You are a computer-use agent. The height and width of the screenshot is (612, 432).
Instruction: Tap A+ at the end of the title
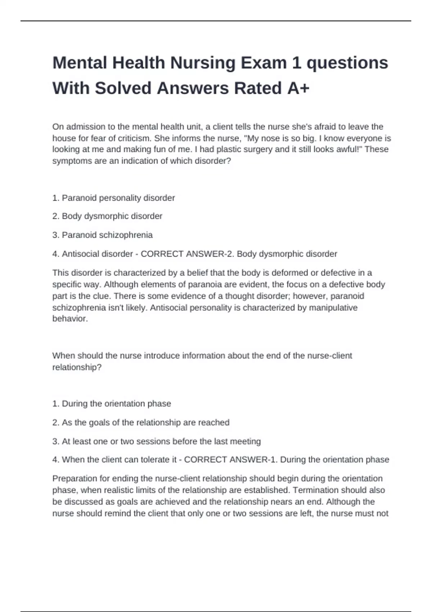298,88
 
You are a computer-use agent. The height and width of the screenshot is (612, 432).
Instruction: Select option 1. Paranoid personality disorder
113,198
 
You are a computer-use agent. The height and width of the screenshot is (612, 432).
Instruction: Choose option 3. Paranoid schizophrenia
103,235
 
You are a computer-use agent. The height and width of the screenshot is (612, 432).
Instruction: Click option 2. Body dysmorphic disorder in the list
107,216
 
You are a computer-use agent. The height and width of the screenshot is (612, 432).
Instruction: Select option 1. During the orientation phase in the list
112,404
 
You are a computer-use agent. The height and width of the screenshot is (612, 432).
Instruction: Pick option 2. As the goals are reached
140,423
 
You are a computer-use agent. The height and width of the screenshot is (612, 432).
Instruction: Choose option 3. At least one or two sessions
156,441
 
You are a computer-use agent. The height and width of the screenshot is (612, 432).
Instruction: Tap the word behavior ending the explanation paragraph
69,319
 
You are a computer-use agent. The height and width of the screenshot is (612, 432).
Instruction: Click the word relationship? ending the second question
77,368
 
